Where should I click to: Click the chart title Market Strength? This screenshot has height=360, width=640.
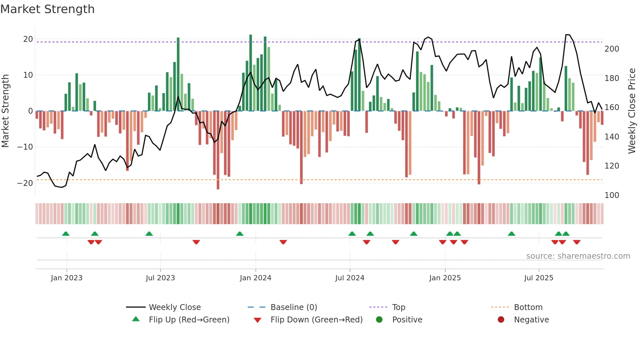47,9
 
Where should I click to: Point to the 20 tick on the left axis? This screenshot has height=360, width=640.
28,39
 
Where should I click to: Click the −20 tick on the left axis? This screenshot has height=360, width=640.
25,183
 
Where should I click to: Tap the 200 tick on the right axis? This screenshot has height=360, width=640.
612,49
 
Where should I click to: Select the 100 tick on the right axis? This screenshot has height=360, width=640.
612,195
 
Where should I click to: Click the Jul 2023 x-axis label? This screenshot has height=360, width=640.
160,278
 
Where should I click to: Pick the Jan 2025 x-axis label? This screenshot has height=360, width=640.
445,278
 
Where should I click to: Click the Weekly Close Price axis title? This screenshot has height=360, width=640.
632,111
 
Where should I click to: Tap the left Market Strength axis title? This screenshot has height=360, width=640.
6,111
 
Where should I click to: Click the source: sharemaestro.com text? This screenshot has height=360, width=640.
578,256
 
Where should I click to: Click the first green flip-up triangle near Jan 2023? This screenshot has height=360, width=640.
66,234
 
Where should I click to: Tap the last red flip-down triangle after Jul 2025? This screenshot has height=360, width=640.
577,242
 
